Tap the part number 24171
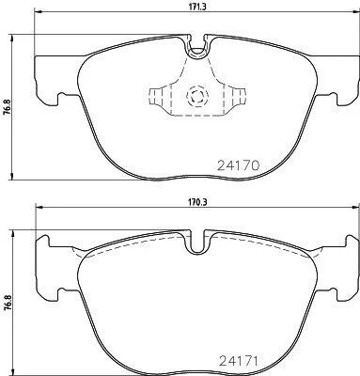click(x=239, y=361)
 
